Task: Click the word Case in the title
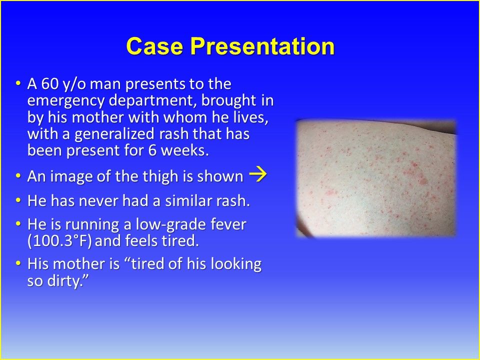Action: pos(154,46)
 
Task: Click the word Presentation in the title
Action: pos(262,46)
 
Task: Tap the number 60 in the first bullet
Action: pos(49,83)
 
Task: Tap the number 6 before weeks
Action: pos(152,150)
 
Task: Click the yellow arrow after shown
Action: pos(258,175)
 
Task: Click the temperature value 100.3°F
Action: pos(59,241)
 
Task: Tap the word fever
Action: pos(228,224)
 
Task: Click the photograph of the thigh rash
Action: pos(376,178)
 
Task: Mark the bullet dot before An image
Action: pos(18,176)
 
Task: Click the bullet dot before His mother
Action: pos(18,263)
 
